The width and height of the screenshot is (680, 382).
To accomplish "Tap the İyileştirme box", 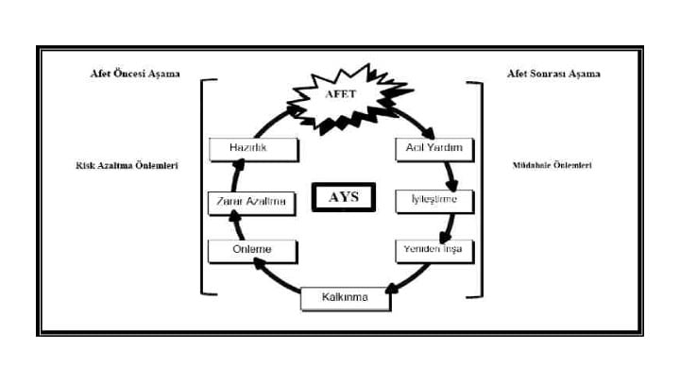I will pyautogui.click(x=433, y=201).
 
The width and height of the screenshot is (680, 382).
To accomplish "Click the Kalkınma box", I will pyautogui.click(x=346, y=298).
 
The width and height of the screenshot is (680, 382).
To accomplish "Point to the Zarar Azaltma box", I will pyautogui.click(x=252, y=201).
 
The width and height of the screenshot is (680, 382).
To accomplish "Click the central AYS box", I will pyautogui.click(x=343, y=199).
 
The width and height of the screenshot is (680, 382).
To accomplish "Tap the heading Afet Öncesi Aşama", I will pyautogui.click(x=128, y=73).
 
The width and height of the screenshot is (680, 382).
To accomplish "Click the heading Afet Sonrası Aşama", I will pyautogui.click(x=552, y=73).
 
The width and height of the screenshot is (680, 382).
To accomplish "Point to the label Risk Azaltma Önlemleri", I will pyautogui.click(x=127, y=165).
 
